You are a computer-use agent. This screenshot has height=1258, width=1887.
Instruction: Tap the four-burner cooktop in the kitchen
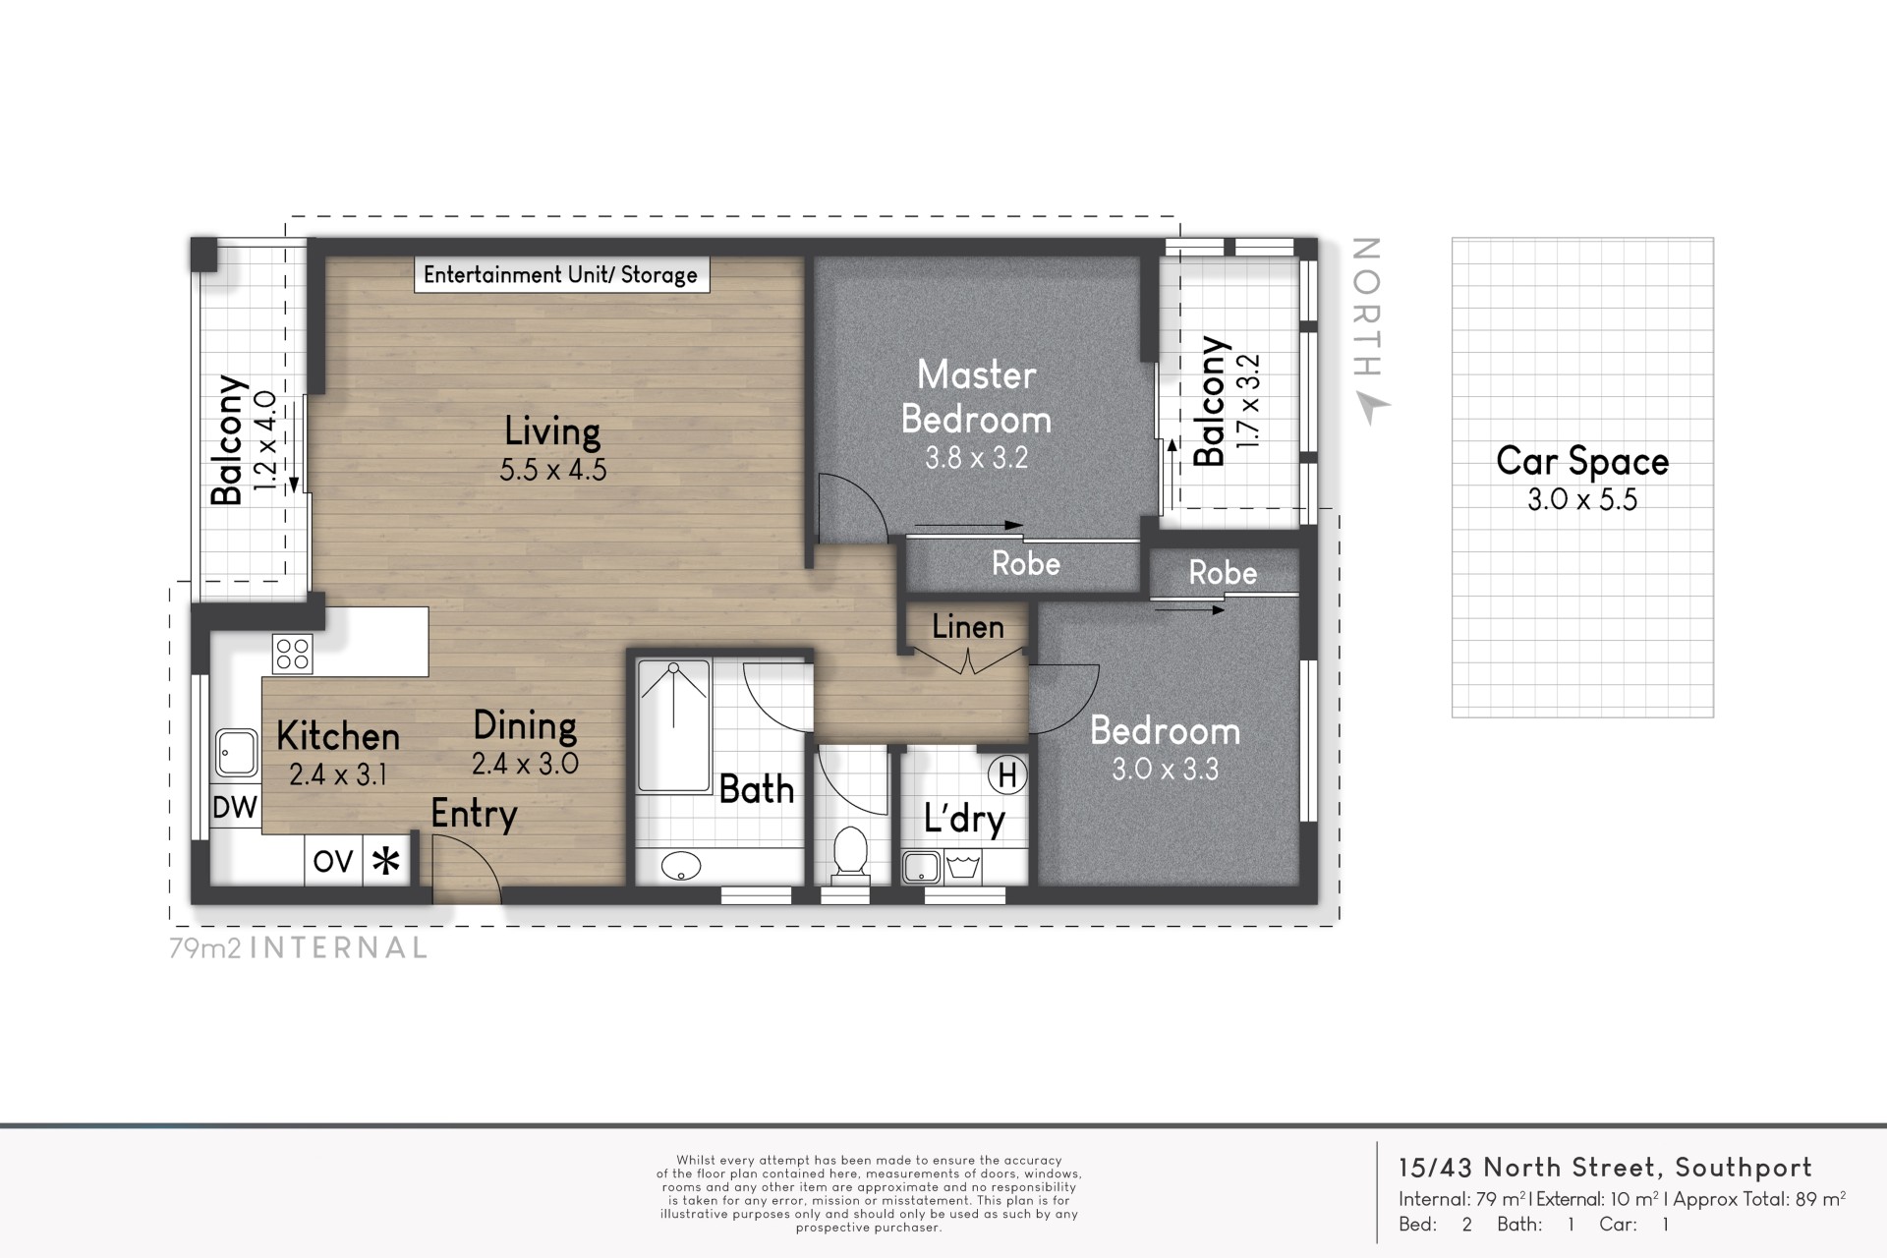[293, 655]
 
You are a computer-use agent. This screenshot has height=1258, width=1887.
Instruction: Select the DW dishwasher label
[235, 807]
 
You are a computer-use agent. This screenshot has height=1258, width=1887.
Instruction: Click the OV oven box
[333, 861]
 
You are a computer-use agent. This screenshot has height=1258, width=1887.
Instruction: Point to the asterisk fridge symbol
[386, 862]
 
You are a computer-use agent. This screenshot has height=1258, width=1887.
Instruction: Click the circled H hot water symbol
[1007, 775]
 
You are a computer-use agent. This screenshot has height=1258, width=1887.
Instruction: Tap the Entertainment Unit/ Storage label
[560, 275]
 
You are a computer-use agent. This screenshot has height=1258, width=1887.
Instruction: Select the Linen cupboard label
[968, 627]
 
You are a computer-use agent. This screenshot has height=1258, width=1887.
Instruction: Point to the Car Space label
[1582, 461]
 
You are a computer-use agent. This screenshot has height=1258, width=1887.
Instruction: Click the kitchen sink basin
[236, 753]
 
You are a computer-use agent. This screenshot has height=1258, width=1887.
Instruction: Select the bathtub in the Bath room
[673, 726]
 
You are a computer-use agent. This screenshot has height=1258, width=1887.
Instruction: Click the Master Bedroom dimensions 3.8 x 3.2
[976, 458]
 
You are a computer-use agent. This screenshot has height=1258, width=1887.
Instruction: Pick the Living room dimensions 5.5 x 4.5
[553, 470]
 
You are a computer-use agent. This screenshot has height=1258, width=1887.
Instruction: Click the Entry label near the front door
[474, 815]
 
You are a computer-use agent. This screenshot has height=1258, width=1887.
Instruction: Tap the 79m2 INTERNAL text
[299, 948]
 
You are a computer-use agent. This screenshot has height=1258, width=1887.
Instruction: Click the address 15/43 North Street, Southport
[1605, 1168]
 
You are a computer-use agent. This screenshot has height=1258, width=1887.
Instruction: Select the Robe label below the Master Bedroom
[1026, 564]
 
